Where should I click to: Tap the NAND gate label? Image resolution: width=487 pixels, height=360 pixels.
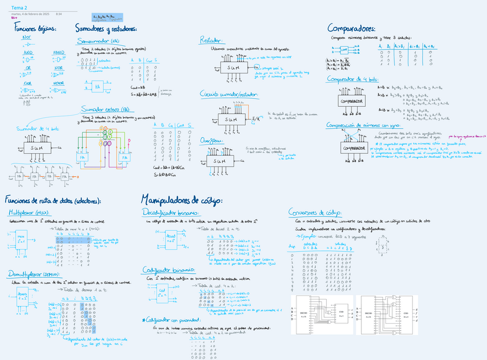point(59,52)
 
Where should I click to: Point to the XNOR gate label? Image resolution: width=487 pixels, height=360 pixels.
point(59,83)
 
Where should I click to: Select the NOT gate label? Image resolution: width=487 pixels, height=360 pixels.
point(27,37)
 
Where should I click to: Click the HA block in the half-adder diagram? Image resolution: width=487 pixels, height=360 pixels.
point(99,86)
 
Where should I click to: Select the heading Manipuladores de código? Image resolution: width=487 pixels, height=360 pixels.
point(181,200)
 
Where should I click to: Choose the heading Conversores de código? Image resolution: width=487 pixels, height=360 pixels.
point(315,211)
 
